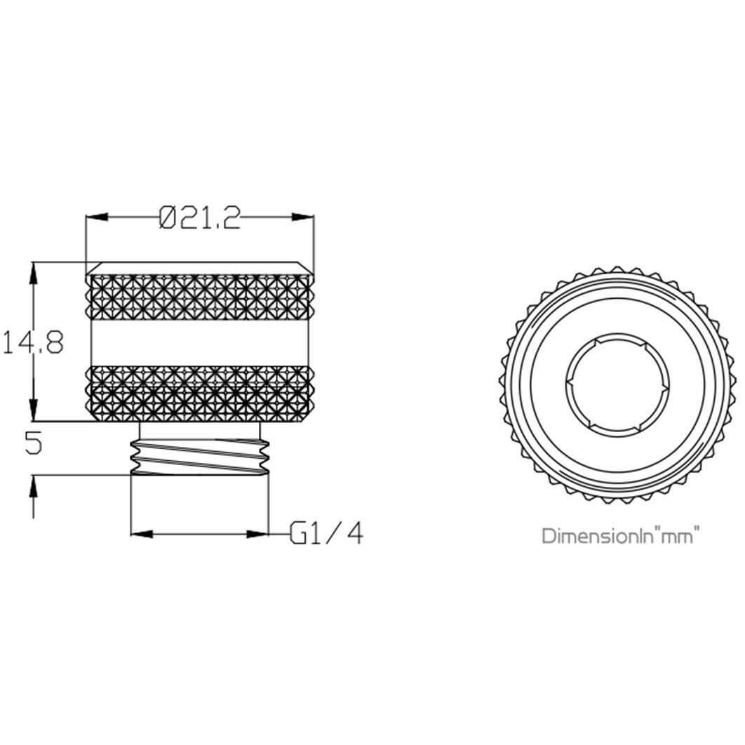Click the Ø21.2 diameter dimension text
coord(200,219)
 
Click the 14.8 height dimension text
coord(33,343)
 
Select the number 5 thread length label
coord(33,443)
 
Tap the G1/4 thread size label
coord(328,535)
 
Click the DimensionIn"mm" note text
coord(621,537)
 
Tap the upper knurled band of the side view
coord(200,299)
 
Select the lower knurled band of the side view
coord(200,395)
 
